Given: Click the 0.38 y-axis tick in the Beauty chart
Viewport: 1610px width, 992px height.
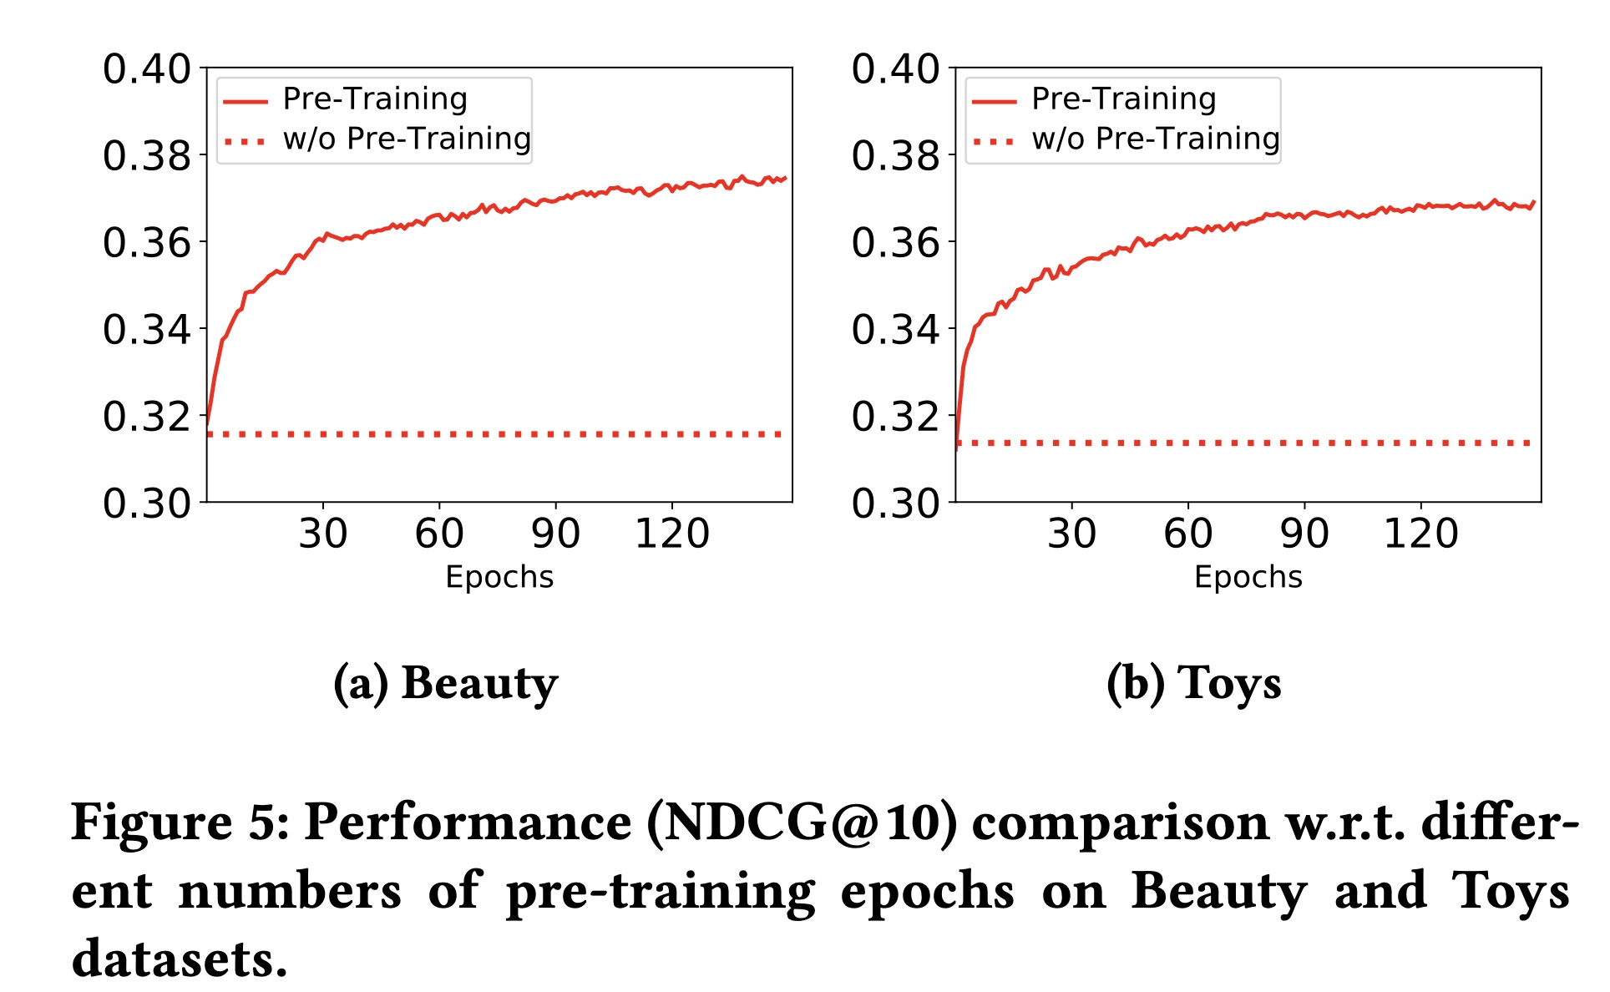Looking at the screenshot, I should click(147, 156).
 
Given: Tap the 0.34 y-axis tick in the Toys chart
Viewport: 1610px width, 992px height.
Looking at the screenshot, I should click(895, 330).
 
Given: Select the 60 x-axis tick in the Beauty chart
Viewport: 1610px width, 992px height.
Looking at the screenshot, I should click(439, 534).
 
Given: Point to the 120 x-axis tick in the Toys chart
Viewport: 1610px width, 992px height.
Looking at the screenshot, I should click(1420, 534).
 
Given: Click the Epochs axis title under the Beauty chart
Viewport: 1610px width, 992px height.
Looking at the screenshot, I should click(499, 577).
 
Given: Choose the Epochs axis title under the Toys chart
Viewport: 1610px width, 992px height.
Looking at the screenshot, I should click(1248, 577).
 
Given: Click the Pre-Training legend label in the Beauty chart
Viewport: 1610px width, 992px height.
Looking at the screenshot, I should click(375, 99).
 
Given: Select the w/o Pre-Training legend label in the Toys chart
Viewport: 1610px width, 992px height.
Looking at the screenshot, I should click(1156, 139).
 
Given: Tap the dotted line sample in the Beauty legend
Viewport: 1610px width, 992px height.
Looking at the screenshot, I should click(245, 141).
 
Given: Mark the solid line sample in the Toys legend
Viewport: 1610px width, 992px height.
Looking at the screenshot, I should click(994, 102).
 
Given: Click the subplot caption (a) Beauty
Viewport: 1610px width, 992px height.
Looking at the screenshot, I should click(445, 684).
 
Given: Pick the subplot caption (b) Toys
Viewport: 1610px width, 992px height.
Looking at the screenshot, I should click(1193, 684).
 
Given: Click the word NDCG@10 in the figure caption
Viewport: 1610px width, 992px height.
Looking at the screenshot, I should click(802, 823).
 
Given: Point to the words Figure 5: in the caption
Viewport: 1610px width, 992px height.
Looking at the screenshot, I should click(180, 823).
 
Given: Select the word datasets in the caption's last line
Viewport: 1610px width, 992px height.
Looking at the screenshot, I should click(179, 959).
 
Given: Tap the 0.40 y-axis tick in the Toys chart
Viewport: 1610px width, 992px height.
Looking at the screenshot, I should click(895, 69).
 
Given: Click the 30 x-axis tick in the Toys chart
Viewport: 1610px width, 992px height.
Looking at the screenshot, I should click(1071, 534).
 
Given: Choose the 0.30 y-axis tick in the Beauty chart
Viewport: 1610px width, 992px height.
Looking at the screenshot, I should click(147, 504).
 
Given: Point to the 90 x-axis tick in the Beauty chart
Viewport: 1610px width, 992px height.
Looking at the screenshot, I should click(555, 534).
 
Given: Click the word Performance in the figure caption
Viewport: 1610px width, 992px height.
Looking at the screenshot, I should click(468, 823).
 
